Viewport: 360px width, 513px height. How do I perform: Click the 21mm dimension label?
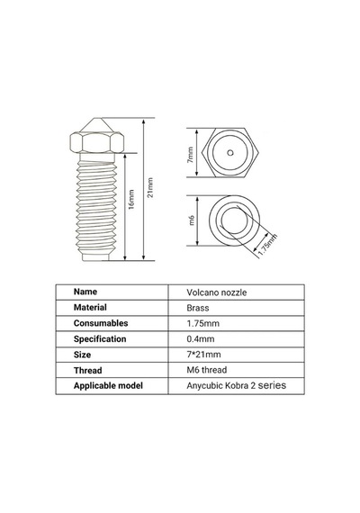[150, 187]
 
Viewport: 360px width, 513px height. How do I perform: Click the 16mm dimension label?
[131, 199]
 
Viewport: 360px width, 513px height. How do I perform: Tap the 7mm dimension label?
[190, 155]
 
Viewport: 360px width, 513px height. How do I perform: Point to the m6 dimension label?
[192, 220]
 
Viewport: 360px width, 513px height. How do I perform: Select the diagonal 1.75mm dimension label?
[267, 245]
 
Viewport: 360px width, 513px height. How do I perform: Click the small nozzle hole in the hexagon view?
[230, 153]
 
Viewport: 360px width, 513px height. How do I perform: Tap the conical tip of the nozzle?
[96, 125]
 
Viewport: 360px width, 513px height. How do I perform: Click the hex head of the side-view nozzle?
[97, 142]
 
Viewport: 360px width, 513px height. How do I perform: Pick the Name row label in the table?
[85, 292]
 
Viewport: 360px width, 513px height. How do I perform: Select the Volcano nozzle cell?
[217, 292]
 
